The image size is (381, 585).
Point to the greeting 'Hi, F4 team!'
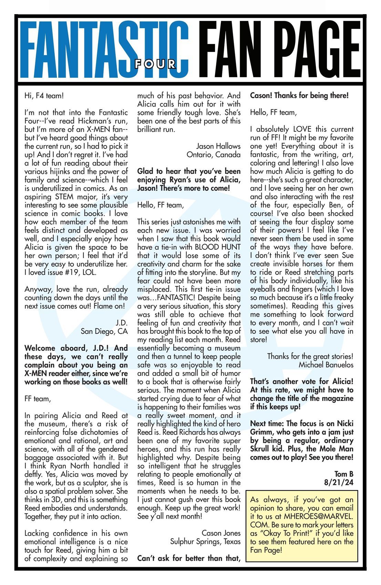point(44,96)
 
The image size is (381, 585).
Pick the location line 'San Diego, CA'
point(104,331)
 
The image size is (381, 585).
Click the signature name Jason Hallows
point(218,146)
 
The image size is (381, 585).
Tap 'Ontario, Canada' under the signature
point(214,155)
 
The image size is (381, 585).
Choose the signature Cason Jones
point(221,533)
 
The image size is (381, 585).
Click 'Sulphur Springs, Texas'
point(205,542)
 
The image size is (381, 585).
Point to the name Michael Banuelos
point(326,365)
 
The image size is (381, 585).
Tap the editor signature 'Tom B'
point(344,474)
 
